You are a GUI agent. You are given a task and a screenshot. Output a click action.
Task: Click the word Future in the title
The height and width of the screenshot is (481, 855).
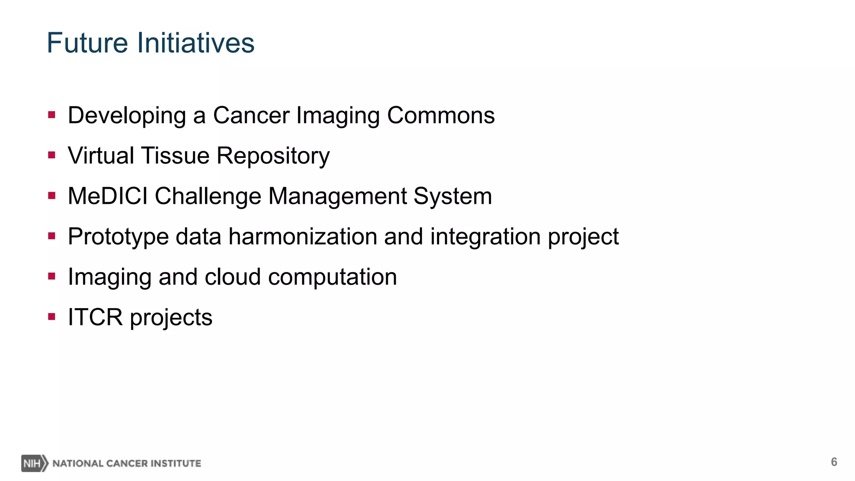click(87, 43)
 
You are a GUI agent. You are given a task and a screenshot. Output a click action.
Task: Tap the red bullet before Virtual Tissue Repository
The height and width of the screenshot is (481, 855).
click(52, 155)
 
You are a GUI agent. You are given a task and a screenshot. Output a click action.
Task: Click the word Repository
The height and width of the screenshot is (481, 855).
click(273, 156)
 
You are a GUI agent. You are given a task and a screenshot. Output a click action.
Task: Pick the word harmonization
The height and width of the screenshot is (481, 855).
click(303, 236)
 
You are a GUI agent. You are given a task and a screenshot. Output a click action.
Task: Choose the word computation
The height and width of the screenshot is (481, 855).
click(332, 277)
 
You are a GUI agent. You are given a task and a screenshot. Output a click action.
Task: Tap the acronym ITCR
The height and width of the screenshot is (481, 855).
click(95, 317)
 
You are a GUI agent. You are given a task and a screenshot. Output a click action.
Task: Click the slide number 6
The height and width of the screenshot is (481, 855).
click(834, 462)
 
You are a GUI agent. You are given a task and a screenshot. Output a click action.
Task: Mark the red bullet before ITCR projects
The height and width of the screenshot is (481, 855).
click(52, 317)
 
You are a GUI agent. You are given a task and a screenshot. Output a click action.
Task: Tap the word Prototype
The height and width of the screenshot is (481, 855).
click(118, 237)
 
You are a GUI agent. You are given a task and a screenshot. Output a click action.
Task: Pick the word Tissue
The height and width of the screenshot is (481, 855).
click(175, 156)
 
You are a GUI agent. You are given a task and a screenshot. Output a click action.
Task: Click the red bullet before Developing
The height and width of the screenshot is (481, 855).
click(52, 115)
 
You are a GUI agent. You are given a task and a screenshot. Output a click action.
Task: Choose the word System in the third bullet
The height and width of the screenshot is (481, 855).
click(453, 196)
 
